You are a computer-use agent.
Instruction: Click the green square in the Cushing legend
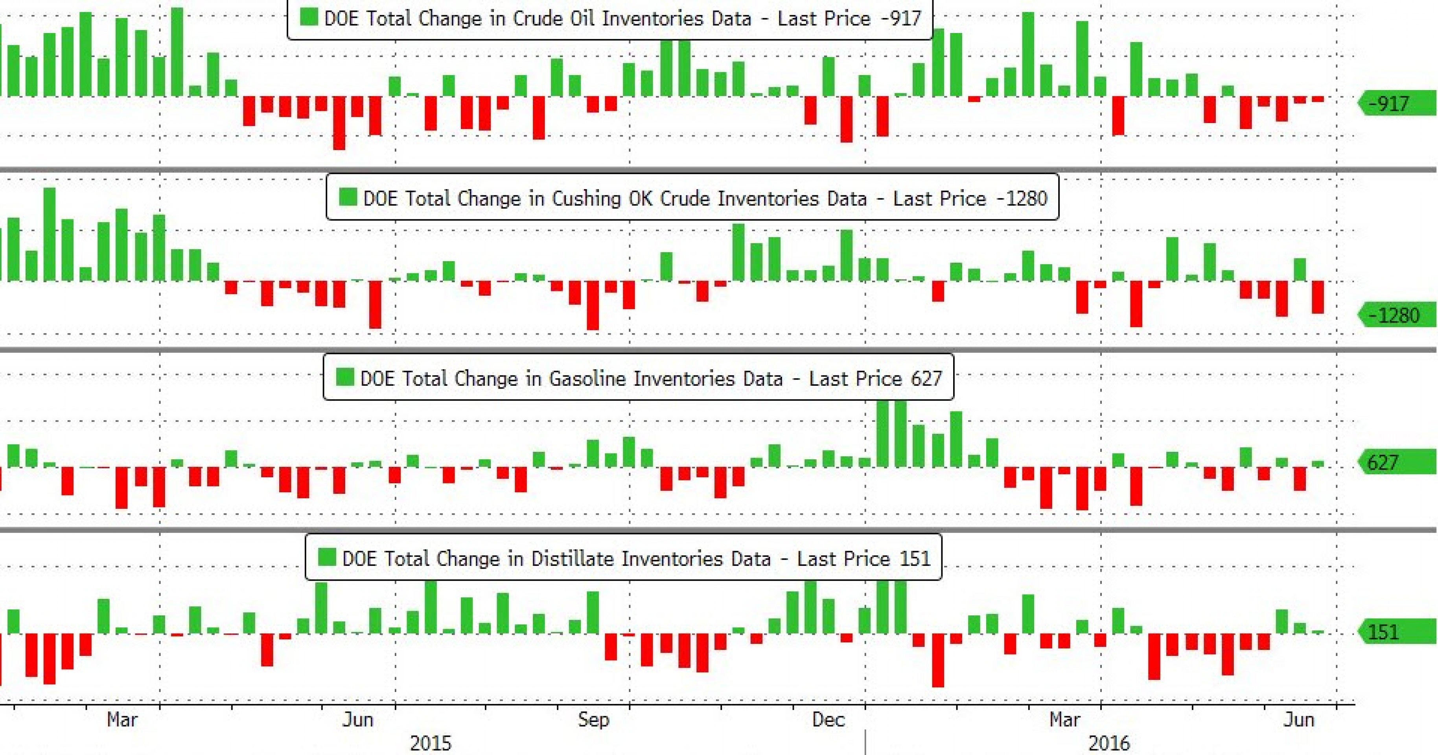coord(348,197)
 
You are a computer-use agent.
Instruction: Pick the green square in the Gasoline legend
coord(344,377)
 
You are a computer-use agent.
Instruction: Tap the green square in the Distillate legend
coord(326,557)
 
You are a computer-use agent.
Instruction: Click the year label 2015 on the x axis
coord(431,743)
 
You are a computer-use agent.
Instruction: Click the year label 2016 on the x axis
coord(1108,743)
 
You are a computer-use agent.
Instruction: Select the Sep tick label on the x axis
coord(593,719)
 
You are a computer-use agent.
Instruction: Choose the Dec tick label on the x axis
coord(829,719)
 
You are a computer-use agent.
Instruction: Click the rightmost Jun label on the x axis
coord(1299,719)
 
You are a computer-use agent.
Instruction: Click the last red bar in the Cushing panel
coord(1317,297)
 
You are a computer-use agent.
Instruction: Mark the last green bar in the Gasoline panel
coord(1317,464)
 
